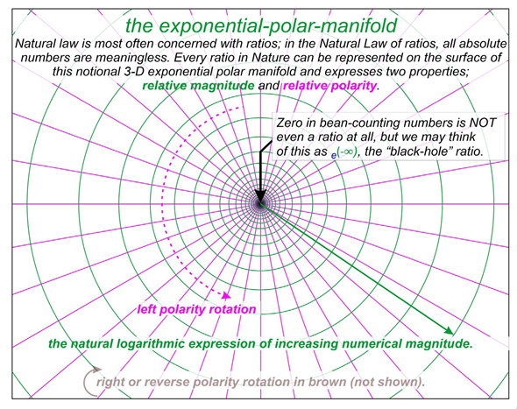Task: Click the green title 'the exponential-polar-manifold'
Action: tap(261, 25)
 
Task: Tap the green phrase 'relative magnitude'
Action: tap(198, 86)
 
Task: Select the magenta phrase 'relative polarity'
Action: tap(329, 86)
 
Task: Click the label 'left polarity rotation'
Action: tap(196, 309)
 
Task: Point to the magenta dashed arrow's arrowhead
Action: tap(226, 295)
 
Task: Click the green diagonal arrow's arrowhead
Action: tap(449, 330)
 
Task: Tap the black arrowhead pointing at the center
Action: tap(260, 197)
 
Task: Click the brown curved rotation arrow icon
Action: tap(91, 381)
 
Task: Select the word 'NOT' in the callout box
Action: tap(483, 123)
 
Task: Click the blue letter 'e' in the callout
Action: tap(334, 155)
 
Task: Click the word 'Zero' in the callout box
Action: tap(289, 123)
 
